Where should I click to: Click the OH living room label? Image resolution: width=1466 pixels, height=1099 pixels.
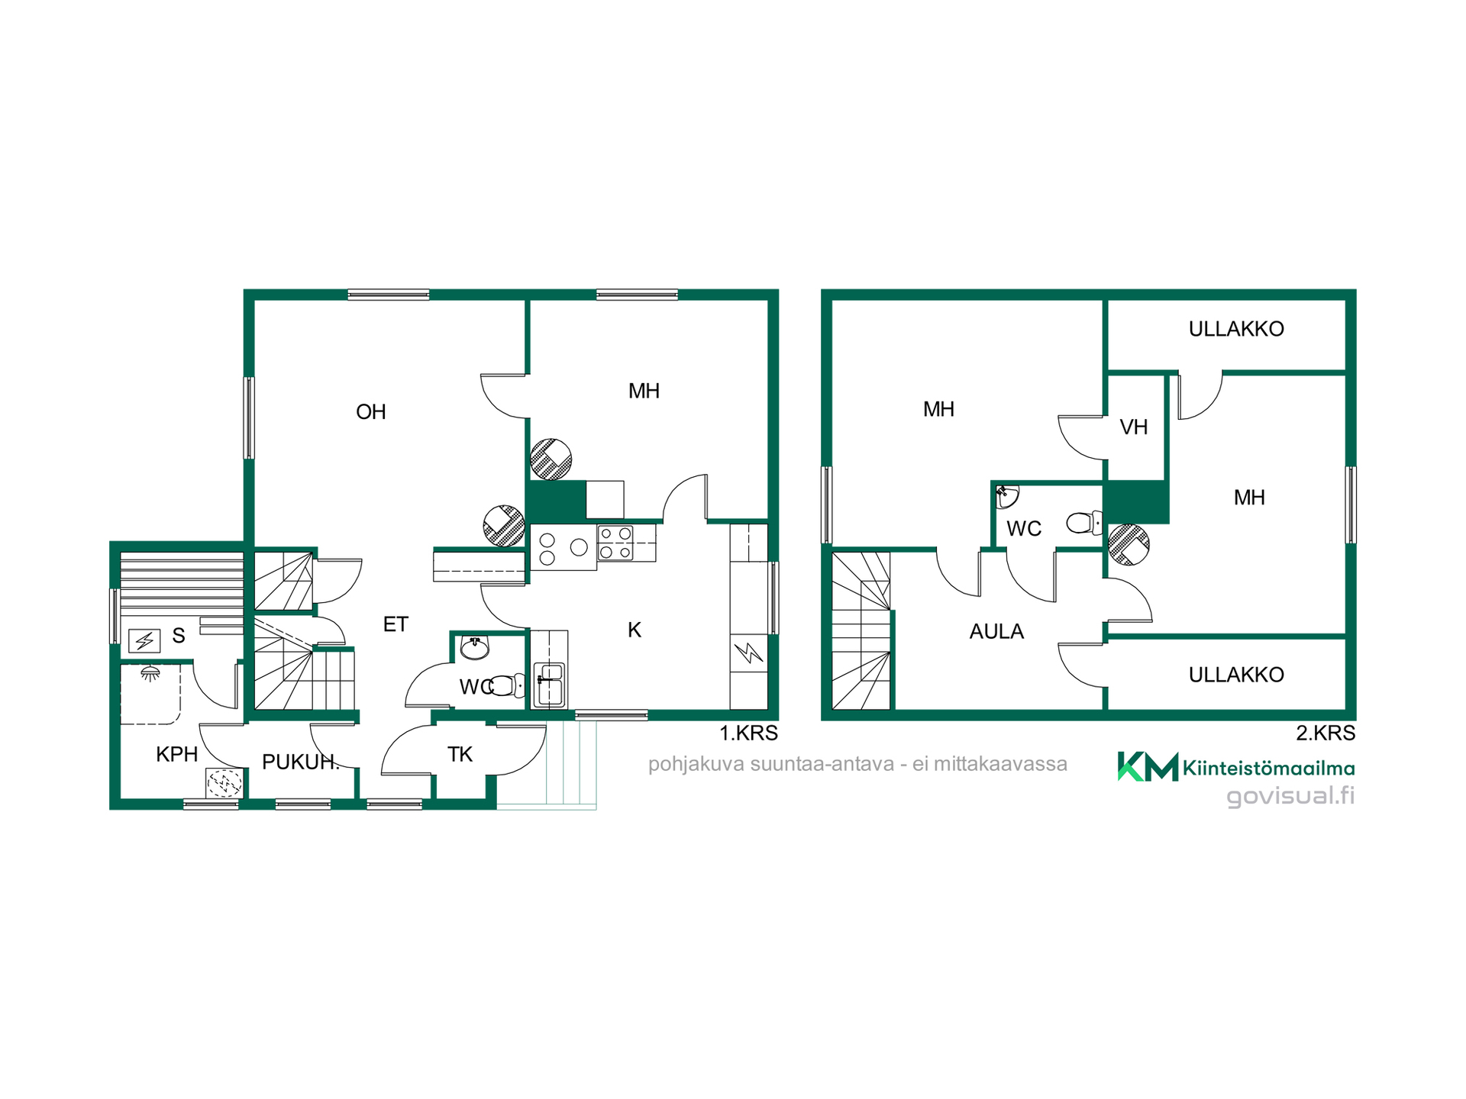click(x=371, y=412)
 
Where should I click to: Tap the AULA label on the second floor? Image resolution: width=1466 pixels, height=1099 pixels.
click(x=996, y=631)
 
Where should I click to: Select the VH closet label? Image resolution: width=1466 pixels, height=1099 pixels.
click(x=1134, y=427)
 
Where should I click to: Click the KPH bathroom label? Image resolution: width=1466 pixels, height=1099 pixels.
click(x=177, y=754)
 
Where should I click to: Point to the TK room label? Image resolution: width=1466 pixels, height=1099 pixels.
click(x=460, y=754)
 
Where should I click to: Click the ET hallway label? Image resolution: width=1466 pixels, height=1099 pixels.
click(x=396, y=624)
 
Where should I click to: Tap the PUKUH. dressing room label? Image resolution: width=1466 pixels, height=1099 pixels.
click(x=301, y=762)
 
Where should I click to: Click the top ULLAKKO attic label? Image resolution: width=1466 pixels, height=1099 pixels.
click(x=1236, y=329)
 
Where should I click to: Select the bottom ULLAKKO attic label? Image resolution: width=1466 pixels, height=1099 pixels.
click(x=1236, y=675)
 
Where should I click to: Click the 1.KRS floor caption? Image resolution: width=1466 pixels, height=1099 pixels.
click(x=748, y=733)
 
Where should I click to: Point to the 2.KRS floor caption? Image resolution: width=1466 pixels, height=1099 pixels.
click(x=1326, y=733)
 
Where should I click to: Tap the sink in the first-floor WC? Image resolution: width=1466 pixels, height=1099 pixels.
click(x=475, y=648)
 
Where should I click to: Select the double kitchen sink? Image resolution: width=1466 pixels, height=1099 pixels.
click(x=549, y=684)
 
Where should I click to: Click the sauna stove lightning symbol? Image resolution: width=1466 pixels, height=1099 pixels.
click(x=144, y=640)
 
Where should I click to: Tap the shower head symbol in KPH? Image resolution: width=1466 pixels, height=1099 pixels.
click(x=150, y=673)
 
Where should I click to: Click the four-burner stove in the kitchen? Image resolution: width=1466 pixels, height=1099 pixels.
click(x=615, y=543)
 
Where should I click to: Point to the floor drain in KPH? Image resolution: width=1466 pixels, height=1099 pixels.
click(x=224, y=783)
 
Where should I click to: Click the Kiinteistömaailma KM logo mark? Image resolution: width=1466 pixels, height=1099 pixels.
click(x=1148, y=766)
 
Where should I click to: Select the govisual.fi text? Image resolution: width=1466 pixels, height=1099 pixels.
click(x=1290, y=796)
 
